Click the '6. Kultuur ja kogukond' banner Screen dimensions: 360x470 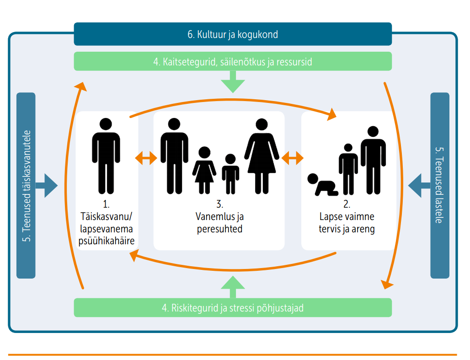click(233, 34)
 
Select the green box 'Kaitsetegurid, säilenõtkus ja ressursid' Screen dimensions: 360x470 click(233, 61)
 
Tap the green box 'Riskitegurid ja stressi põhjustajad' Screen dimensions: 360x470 click(233, 308)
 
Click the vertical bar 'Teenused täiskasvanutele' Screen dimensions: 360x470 click(26, 185)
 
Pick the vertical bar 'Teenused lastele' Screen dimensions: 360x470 click(439, 185)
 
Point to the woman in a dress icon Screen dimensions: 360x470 click(262, 156)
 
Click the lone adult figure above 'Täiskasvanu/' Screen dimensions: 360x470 click(106, 156)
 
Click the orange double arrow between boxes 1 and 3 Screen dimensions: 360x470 click(146, 158)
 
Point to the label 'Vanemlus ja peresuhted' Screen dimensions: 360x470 click(219, 223)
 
